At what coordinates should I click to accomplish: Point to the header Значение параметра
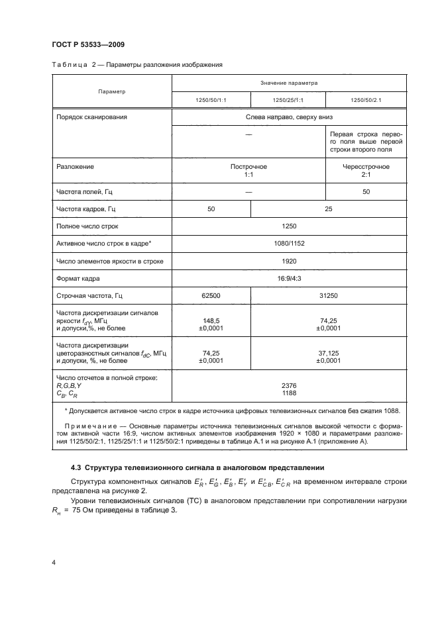288,83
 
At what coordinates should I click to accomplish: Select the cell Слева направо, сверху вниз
288,117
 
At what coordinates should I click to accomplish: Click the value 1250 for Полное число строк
288,226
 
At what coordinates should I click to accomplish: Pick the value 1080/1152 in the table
288,244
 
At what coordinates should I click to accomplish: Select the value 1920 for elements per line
288,262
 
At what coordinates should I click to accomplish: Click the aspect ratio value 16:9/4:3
288,279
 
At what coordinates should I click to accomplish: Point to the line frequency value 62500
211,296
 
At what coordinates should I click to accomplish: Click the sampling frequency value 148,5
211,318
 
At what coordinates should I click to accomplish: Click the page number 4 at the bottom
52,562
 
